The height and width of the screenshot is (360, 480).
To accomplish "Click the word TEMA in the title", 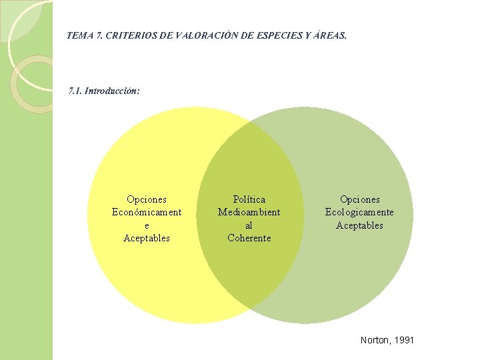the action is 80,35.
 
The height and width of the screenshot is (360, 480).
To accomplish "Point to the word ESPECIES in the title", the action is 275,35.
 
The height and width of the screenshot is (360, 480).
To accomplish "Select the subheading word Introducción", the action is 113,89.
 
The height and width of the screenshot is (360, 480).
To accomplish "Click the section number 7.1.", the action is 75,89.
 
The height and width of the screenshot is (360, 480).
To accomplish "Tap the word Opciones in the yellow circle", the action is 147,199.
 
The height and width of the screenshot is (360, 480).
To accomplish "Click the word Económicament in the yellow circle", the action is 147,212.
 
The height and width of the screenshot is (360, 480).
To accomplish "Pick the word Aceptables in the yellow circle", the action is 147,238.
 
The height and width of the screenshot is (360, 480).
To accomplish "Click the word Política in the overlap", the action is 249,199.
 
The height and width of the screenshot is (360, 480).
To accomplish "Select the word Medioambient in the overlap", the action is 249,212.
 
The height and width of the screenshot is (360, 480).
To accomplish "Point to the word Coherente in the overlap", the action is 249,238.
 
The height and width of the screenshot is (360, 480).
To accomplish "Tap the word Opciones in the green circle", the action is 360,199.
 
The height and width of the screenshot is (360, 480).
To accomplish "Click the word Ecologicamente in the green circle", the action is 359,212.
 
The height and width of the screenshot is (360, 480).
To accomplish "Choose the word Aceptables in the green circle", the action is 360,225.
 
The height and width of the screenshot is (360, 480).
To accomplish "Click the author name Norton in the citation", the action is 375,340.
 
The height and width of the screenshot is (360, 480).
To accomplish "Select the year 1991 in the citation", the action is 404,340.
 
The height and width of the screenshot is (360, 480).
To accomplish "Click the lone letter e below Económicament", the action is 147,225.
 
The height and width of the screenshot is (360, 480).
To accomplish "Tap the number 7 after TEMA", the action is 99,35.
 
